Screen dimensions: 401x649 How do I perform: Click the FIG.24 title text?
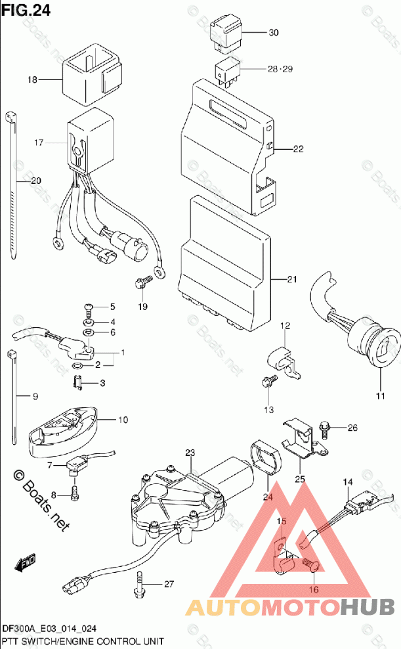[26, 10]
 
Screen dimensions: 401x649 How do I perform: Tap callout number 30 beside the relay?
[274, 32]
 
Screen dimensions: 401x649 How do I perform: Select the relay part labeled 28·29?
[227, 71]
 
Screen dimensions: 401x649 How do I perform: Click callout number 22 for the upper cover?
[298, 148]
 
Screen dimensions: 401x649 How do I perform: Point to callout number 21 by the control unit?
[292, 279]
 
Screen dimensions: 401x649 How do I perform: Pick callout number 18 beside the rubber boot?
[33, 79]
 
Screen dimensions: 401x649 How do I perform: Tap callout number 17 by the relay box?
[39, 143]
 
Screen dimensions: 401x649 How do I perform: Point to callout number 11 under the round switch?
[381, 396]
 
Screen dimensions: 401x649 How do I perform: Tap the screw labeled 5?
[89, 307]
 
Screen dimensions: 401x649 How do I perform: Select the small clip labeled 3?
[77, 382]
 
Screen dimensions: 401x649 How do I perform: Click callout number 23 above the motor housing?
[190, 453]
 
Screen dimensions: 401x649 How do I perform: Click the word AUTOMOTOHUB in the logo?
[289, 608]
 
